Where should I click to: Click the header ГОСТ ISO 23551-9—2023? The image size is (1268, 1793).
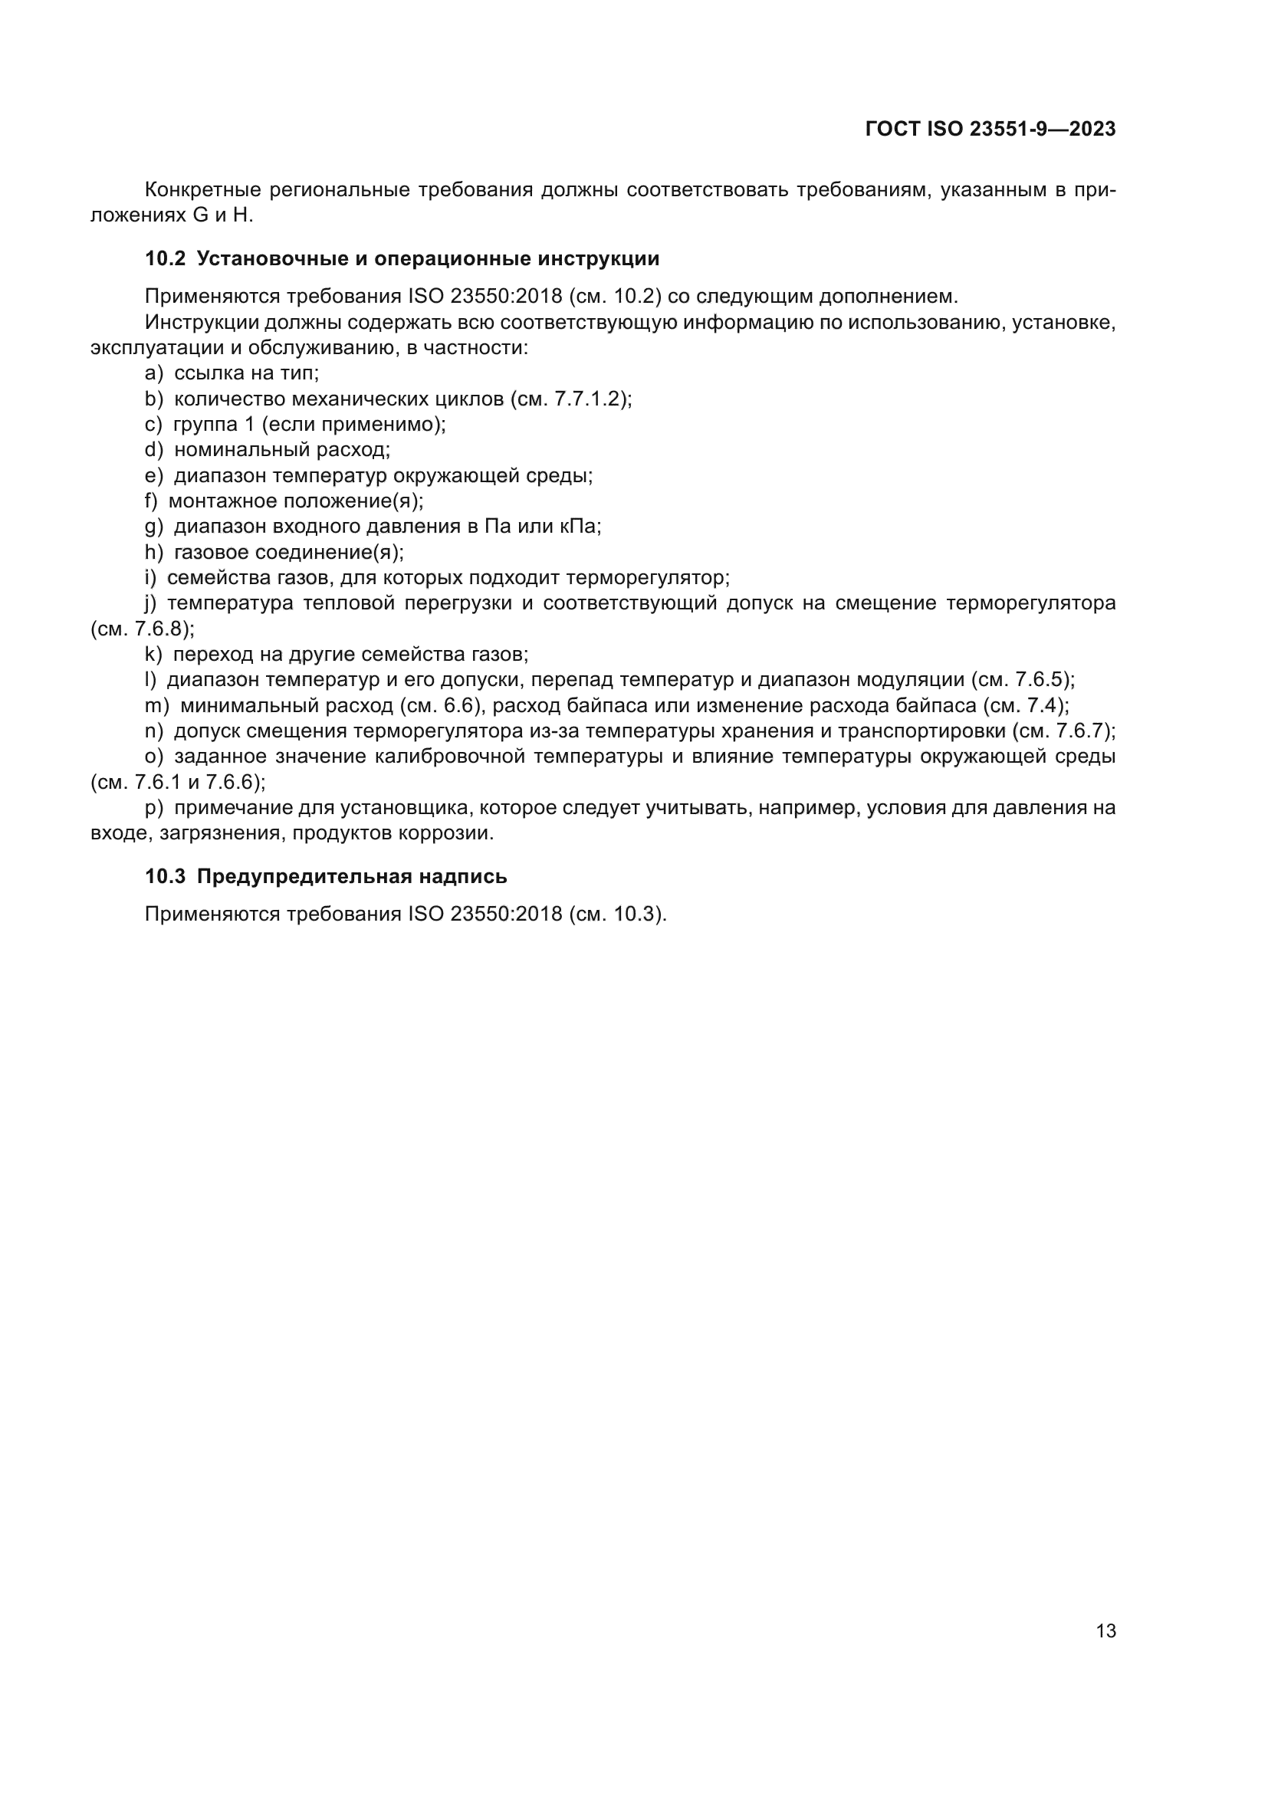990,130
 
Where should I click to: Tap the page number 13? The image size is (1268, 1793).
1105,1631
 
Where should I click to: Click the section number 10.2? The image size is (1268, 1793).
165,259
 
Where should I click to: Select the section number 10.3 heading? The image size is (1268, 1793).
165,877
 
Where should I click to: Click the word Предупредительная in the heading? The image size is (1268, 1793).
303,877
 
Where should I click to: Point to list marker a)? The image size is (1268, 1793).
153,373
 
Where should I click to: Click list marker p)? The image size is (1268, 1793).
154,808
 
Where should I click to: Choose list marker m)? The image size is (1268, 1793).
156,706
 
